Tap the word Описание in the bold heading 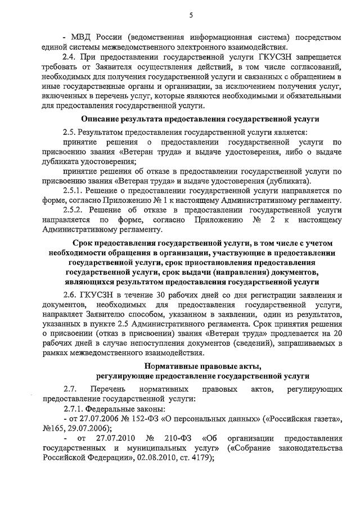101,119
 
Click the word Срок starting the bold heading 85,243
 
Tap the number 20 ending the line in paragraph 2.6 336,333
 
